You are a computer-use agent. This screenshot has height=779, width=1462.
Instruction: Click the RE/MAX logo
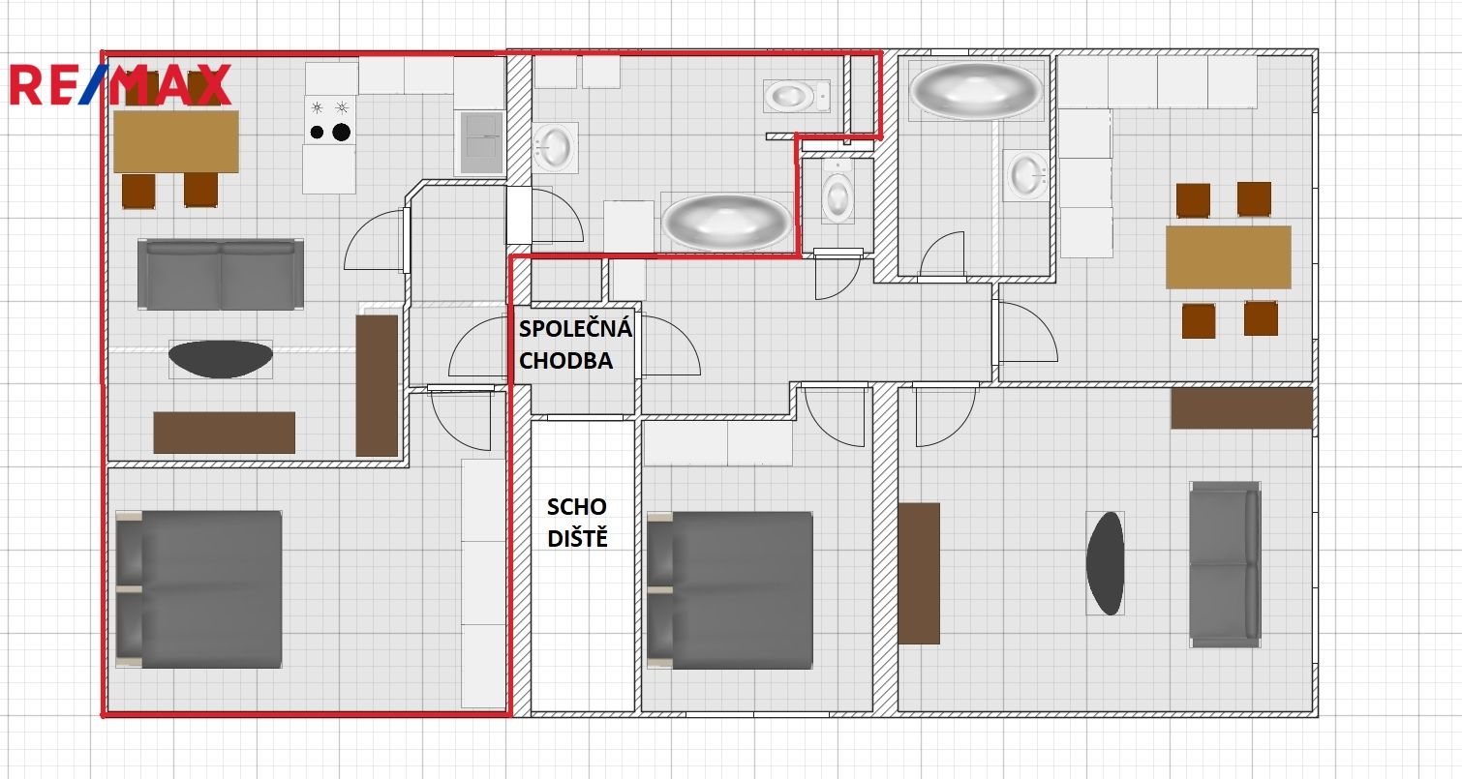tap(121, 85)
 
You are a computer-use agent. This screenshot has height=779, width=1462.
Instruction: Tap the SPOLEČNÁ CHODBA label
tap(575, 345)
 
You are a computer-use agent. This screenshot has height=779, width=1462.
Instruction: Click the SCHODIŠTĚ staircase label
tap(577, 522)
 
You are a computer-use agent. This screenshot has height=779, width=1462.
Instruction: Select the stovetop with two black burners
tap(329, 120)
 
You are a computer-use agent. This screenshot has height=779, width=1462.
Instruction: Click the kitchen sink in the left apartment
tap(481, 142)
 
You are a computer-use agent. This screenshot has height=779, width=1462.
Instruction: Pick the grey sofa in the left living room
tap(221, 274)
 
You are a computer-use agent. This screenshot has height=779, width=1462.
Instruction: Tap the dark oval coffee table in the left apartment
tap(221, 359)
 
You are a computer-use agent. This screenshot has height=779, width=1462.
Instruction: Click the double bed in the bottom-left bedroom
tap(199, 589)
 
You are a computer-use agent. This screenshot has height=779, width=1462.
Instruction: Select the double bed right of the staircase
tap(730, 590)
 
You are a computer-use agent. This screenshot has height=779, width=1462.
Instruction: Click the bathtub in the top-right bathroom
tap(976, 90)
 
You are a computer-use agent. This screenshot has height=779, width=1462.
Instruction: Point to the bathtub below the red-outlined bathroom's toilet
tap(726, 222)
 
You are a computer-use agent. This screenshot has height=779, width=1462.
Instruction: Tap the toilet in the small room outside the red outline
tap(838, 192)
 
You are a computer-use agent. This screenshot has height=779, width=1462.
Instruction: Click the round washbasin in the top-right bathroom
tap(1027, 175)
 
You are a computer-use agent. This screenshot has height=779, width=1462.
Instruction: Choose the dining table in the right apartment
tap(1229, 257)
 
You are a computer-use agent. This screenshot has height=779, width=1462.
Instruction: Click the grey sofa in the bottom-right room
tap(1225, 564)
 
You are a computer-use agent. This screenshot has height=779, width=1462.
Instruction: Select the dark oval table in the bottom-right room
tap(1105, 563)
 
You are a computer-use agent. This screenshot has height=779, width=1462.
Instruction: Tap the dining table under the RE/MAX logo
tap(176, 141)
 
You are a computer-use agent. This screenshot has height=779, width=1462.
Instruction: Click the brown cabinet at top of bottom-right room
tap(1241, 408)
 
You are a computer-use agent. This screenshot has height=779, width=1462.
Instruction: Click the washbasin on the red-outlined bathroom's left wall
tap(554, 147)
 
